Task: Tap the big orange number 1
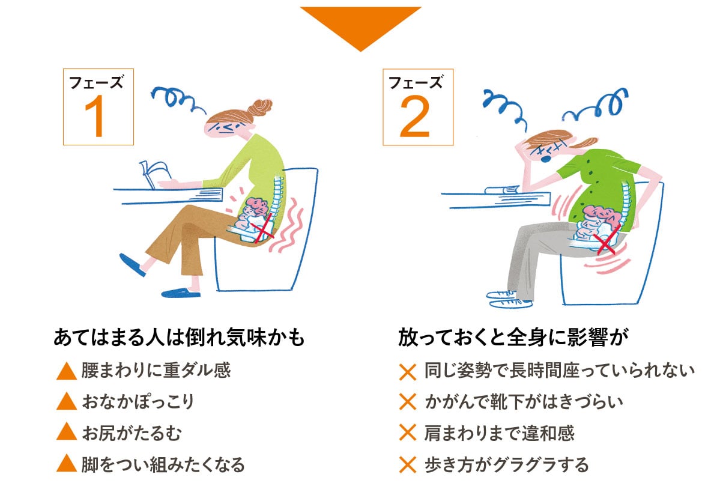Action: [95, 118]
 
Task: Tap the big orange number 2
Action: [414, 118]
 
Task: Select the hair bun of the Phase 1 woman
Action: [261, 108]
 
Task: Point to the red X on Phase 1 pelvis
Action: [264, 228]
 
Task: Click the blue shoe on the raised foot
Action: [132, 265]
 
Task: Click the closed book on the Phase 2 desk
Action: [503, 189]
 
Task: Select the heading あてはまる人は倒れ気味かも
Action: [180, 337]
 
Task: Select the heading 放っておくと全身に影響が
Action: [513, 337]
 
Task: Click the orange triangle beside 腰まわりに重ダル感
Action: [67, 371]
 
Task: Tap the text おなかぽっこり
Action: [138, 401]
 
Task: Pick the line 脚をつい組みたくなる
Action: [163, 464]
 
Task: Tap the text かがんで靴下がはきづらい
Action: [524, 401]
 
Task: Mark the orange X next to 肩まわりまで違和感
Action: [408, 433]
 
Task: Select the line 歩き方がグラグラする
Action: [506, 464]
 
